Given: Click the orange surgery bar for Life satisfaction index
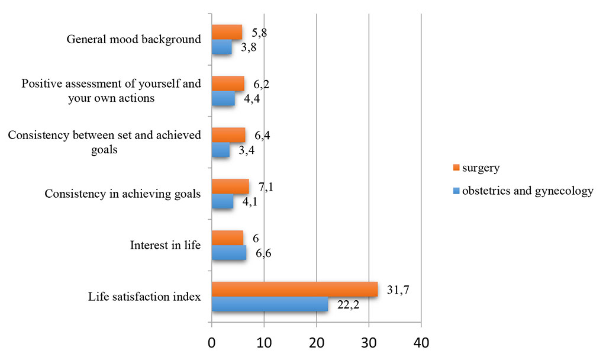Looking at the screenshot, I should click(x=294, y=289).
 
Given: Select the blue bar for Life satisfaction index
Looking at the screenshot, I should click(x=269, y=304).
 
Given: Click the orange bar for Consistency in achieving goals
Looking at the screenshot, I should click(x=230, y=187).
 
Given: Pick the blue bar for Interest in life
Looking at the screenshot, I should click(x=228, y=253).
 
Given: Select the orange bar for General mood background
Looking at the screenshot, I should click(x=227, y=32).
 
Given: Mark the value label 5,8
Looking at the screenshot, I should click(x=259, y=33).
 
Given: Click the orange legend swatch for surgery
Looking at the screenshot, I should click(x=456, y=168).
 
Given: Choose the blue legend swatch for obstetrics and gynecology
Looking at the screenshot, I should click(x=456, y=191).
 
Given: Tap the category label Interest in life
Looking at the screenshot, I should click(x=165, y=245).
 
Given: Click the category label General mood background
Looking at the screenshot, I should click(x=134, y=40).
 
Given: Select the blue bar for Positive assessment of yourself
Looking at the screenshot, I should click(x=223, y=99).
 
